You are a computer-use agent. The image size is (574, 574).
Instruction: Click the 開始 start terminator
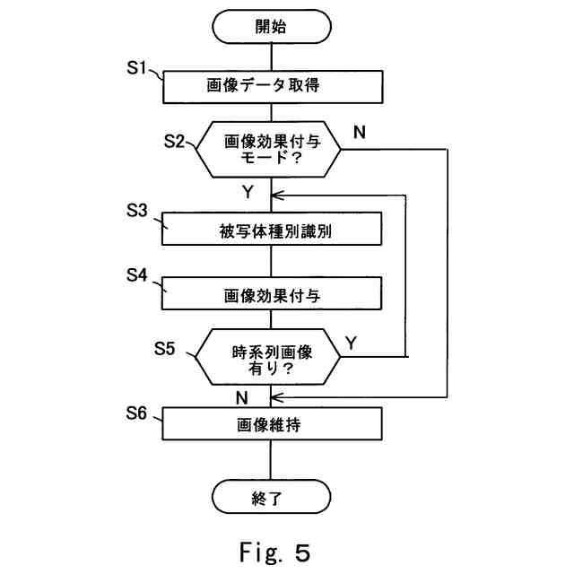pyautogui.click(x=272, y=26)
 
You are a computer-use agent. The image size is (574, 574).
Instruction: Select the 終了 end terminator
pyautogui.click(x=271, y=497)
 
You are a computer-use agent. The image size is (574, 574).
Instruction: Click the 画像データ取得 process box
pyautogui.click(x=273, y=87)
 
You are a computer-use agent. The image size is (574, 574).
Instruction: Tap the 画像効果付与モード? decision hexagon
pyautogui.click(x=268, y=150)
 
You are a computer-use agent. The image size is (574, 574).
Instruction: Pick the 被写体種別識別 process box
pyautogui.click(x=272, y=229)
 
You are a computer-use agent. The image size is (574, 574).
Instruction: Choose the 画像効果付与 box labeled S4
pyautogui.click(x=272, y=293)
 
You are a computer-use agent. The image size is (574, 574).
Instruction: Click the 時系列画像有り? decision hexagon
pyautogui.click(x=268, y=357)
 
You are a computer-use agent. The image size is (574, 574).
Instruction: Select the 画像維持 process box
pyautogui.click(x=273, y=423)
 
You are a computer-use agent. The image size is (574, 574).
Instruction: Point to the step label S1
pyautogui.click(x=136, y=68)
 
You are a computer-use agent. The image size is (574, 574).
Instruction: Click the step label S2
pyautogui.click(x=174, y=141)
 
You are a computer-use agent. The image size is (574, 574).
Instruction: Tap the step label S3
pyautogui.click(x=137, y=210)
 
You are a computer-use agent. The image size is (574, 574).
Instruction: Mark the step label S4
pyautogui.click(x=137, y=275)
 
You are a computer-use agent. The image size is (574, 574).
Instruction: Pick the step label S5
pyautogui.click(x=164, y=348)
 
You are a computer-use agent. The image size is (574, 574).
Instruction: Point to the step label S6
pyautogui.click(x=136, y=413)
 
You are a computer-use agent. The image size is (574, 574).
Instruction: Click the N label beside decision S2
pyautogui.click(x=360, y=132)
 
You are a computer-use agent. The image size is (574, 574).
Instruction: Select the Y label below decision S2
pyautogui.click(x=248, y=191)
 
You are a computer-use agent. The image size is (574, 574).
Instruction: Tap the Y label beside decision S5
pyautogui.click(x=351, y=343)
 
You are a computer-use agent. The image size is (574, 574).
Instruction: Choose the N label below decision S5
pyautogui.click(x=241, y=397)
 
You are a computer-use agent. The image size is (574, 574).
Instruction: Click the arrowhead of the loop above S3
pyautogui.click(x=277, y=196)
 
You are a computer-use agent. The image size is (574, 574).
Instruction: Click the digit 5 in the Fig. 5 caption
pyautogui.click(x=302, y=552)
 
